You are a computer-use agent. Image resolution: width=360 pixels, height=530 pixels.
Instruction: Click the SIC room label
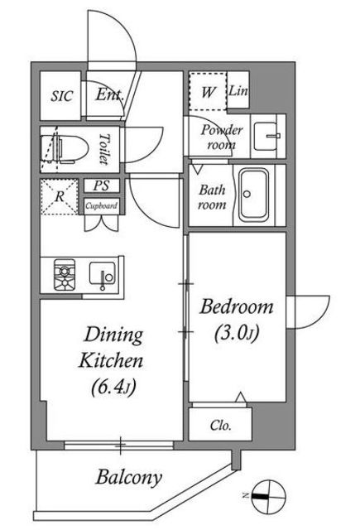click(x=62, y=96)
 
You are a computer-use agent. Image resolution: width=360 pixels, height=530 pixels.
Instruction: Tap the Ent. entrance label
click(x=109, y=94)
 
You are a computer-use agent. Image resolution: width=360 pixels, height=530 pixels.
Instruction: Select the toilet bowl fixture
click(x=65, y=149)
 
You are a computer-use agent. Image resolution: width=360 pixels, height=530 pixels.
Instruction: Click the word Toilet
click(x=105, y=149)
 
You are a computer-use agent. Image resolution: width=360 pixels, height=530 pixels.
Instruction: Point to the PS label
click(x=102, y=185)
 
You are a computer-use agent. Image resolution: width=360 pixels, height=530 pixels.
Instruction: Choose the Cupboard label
click(x=101, y=205)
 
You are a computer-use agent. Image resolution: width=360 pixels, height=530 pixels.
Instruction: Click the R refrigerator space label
click(x=60, y=196)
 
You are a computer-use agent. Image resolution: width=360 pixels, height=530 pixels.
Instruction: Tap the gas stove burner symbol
click(x=65, y=275)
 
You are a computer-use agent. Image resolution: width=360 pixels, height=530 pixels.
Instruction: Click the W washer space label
click(x=208, y=91)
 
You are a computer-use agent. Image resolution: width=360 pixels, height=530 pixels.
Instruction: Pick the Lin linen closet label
click(x=238, y=90)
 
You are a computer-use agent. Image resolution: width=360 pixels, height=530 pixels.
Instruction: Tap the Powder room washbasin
click(x=266, y=136)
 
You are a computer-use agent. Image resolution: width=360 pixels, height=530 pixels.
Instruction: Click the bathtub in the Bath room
click(x=253, y=195)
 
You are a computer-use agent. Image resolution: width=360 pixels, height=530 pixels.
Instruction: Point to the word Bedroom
click(x=237, y=306)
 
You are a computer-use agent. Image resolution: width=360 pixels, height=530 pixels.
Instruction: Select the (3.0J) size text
click(x=237, y=334)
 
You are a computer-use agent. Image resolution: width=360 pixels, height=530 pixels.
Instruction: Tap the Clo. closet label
click(x=220, y=425)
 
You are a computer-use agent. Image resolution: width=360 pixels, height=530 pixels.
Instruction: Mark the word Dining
click(x=113, y=335)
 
